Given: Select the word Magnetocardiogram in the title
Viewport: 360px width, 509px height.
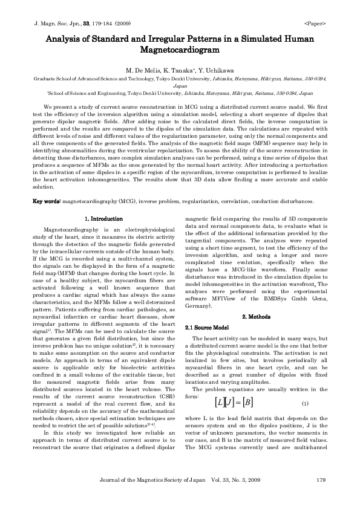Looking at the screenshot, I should point(179,50).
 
